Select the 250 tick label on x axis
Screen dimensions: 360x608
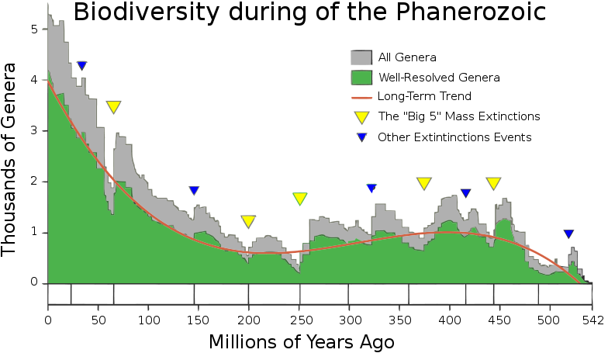coord(300,319)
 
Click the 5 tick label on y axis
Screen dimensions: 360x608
coord(33,29)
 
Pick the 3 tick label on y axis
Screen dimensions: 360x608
coord(33,131)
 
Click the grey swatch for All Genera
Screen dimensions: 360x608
coord(361,57)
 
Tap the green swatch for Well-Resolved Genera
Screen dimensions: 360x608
coord(361,78)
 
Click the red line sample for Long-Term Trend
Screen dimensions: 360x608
coord(361,97)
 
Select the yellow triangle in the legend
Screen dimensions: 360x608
coord(361,117)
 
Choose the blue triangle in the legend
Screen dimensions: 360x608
coord(361,137)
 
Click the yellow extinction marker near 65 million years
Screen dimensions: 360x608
coord(113,107)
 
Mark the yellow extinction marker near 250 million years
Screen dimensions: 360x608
coord(300,199)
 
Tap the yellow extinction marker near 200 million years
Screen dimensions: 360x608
coord(248,221)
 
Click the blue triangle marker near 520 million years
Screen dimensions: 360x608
coord(568,234)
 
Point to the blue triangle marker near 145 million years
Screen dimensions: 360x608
coord(194,191)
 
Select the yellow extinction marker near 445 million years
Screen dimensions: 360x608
coord(493,183)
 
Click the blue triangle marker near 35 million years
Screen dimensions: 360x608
coord(81,66)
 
